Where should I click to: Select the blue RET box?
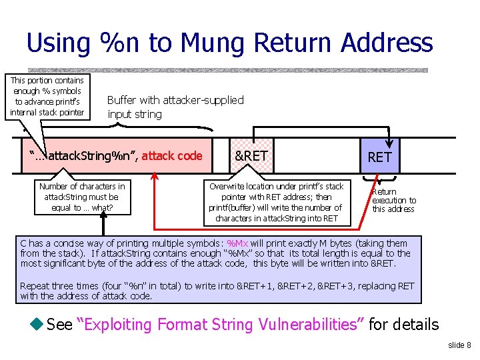(x=379, y=156)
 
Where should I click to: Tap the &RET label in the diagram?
(x=251, y=155)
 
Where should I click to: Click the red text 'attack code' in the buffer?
(x=171, y=156)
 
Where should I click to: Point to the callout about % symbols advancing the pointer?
(x=47, y=96)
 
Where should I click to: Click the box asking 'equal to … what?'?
(x=82, y=197)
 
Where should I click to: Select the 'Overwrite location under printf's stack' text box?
(x=277, y=202)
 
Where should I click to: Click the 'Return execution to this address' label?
(x=393, y=200)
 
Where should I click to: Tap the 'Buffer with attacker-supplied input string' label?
(x=175, y=107)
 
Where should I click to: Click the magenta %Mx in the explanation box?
(x=237, y=243)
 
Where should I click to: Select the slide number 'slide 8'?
(x=459, y=345)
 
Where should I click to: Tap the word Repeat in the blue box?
(x=35, y=286)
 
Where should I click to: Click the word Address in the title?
(x=387, y=43)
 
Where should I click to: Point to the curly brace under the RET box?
(x=378, y=179)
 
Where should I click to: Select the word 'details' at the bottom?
(x=413, y=325)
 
